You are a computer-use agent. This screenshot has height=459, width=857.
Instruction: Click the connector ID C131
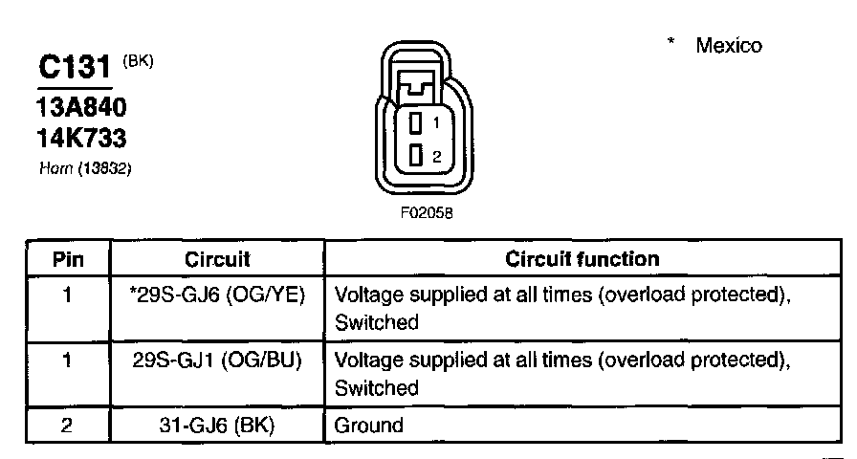pyautogui.click(x=77, y=68)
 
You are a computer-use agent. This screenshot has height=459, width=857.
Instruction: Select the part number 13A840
pyautogui.click(x=82, y=106)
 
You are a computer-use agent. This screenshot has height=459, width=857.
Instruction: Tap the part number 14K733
pyautogui.click(x=81, y=139)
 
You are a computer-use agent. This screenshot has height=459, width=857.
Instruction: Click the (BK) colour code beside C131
pyautogui.click(x=138, y=60)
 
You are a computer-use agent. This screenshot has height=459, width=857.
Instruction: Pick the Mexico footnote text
pyautogui.click(x=729, y=46)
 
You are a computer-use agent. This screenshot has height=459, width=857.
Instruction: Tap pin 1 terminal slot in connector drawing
pyautogui.click(x=416, y=123)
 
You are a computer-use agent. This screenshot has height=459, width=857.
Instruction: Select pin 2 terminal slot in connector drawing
pyautogui.click(x=416, y=156)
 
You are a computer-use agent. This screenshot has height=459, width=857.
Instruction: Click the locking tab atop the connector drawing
pyautogui.click(x=416, y=85)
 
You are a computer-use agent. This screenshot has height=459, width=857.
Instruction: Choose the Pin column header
pyautogui.click(x=67, y=259)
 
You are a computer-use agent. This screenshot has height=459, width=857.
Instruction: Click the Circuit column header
pyautogui.click(x=217, y=259)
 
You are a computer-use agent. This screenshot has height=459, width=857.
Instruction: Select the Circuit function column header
pyautogui.click(x=582, y=259)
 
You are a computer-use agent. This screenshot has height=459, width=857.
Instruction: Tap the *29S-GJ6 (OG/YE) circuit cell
pyautogui.click(x=217, y=295)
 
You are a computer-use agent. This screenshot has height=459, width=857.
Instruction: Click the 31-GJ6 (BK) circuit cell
pyautogui.click(x=217, y=426)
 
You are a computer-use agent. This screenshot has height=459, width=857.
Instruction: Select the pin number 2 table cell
pyautogui.click(x=67, y=426)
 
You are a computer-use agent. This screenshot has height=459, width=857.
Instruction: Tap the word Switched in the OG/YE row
pyautogui.click(x=377, y=323)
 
